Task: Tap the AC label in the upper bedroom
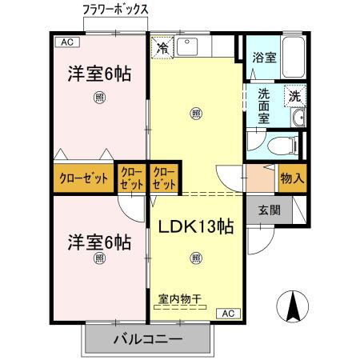pos(66,42)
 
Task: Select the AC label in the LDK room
pos(226,313)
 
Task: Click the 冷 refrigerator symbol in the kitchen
pos(162,48)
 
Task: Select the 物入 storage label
pos(292,178)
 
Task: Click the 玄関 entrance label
pos(268,211)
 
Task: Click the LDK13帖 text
pos(194,226)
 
